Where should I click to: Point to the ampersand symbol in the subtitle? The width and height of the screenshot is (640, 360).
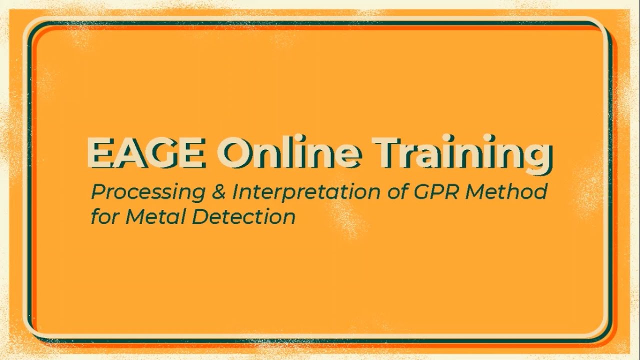[218, 192]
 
